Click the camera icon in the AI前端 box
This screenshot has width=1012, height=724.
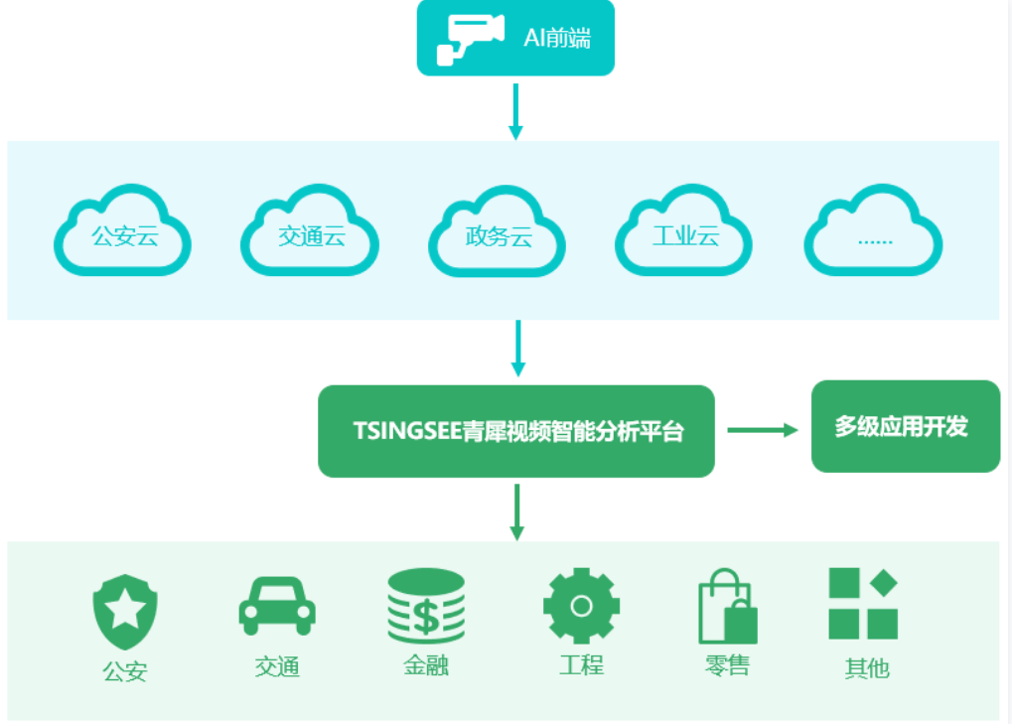pyautogui.click(x=470, y=39)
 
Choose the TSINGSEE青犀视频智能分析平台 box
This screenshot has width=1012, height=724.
pyautogui.click(x=516, y=431)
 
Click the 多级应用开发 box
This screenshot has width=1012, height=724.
pyautogui.click(x=905, y=426)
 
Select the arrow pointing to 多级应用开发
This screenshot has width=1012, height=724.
pyautogui.click(x=762, y=430)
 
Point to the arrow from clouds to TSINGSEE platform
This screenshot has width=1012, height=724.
pyautogui.click(x=516, y=348)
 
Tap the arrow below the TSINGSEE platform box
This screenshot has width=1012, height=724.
pyautogui.click(x=516, y=511)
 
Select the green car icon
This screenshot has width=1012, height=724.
pyautogui.click(x=277, y=604)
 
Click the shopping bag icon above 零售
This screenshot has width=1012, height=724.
pyautogui.click(x=727, y=607)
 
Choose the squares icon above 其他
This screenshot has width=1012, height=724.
pyautogui.click(x=863, y=604)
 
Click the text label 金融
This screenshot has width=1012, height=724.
pyautogui.click(x=426, y=665)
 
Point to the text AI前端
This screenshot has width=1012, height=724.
pyautogui.click(x=557, y=39)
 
